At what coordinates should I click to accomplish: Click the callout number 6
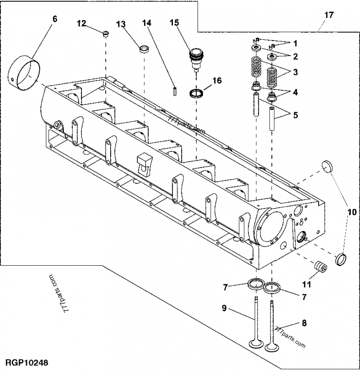tap(55, 18)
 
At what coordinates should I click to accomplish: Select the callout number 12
tap(81, 24)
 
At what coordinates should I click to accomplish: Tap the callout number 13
tap(121, 24)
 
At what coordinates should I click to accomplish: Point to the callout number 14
tap(148, 23)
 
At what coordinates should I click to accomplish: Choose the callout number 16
tap(217, 81)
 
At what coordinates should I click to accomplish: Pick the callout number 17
tap(329, 15)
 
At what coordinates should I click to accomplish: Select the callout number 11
tap(306, 284)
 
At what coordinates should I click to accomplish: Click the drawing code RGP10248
tap(27, 362)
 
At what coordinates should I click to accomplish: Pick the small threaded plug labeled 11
tap(320, 267)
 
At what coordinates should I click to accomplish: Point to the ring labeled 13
tap(144, 48)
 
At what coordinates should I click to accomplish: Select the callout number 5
tap(295, 115)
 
